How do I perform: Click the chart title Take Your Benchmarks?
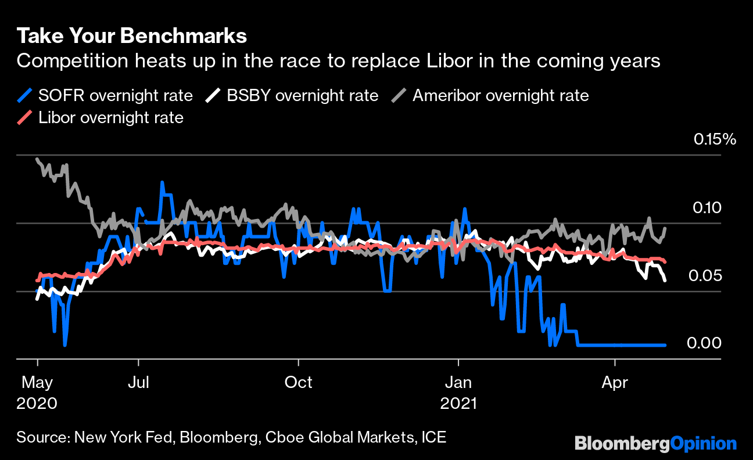[132, 36]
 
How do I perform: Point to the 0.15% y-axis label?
[714, 139]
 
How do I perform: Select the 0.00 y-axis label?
[704, 343]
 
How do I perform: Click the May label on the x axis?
[37, 383]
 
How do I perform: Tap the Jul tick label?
[138, 383]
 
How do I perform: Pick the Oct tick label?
[298, 383]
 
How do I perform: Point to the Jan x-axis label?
[458, 383]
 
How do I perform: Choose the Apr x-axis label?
[614, 383]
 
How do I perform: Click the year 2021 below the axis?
[458, 402]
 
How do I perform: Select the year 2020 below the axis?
[37, 402]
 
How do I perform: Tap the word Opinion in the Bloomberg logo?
[703, 444]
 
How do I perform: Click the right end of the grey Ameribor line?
[665, 228]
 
